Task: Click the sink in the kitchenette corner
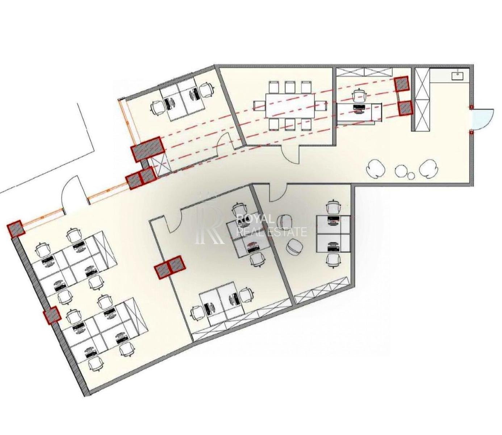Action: tap(458, 76)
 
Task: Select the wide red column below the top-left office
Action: tap(147, 149)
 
